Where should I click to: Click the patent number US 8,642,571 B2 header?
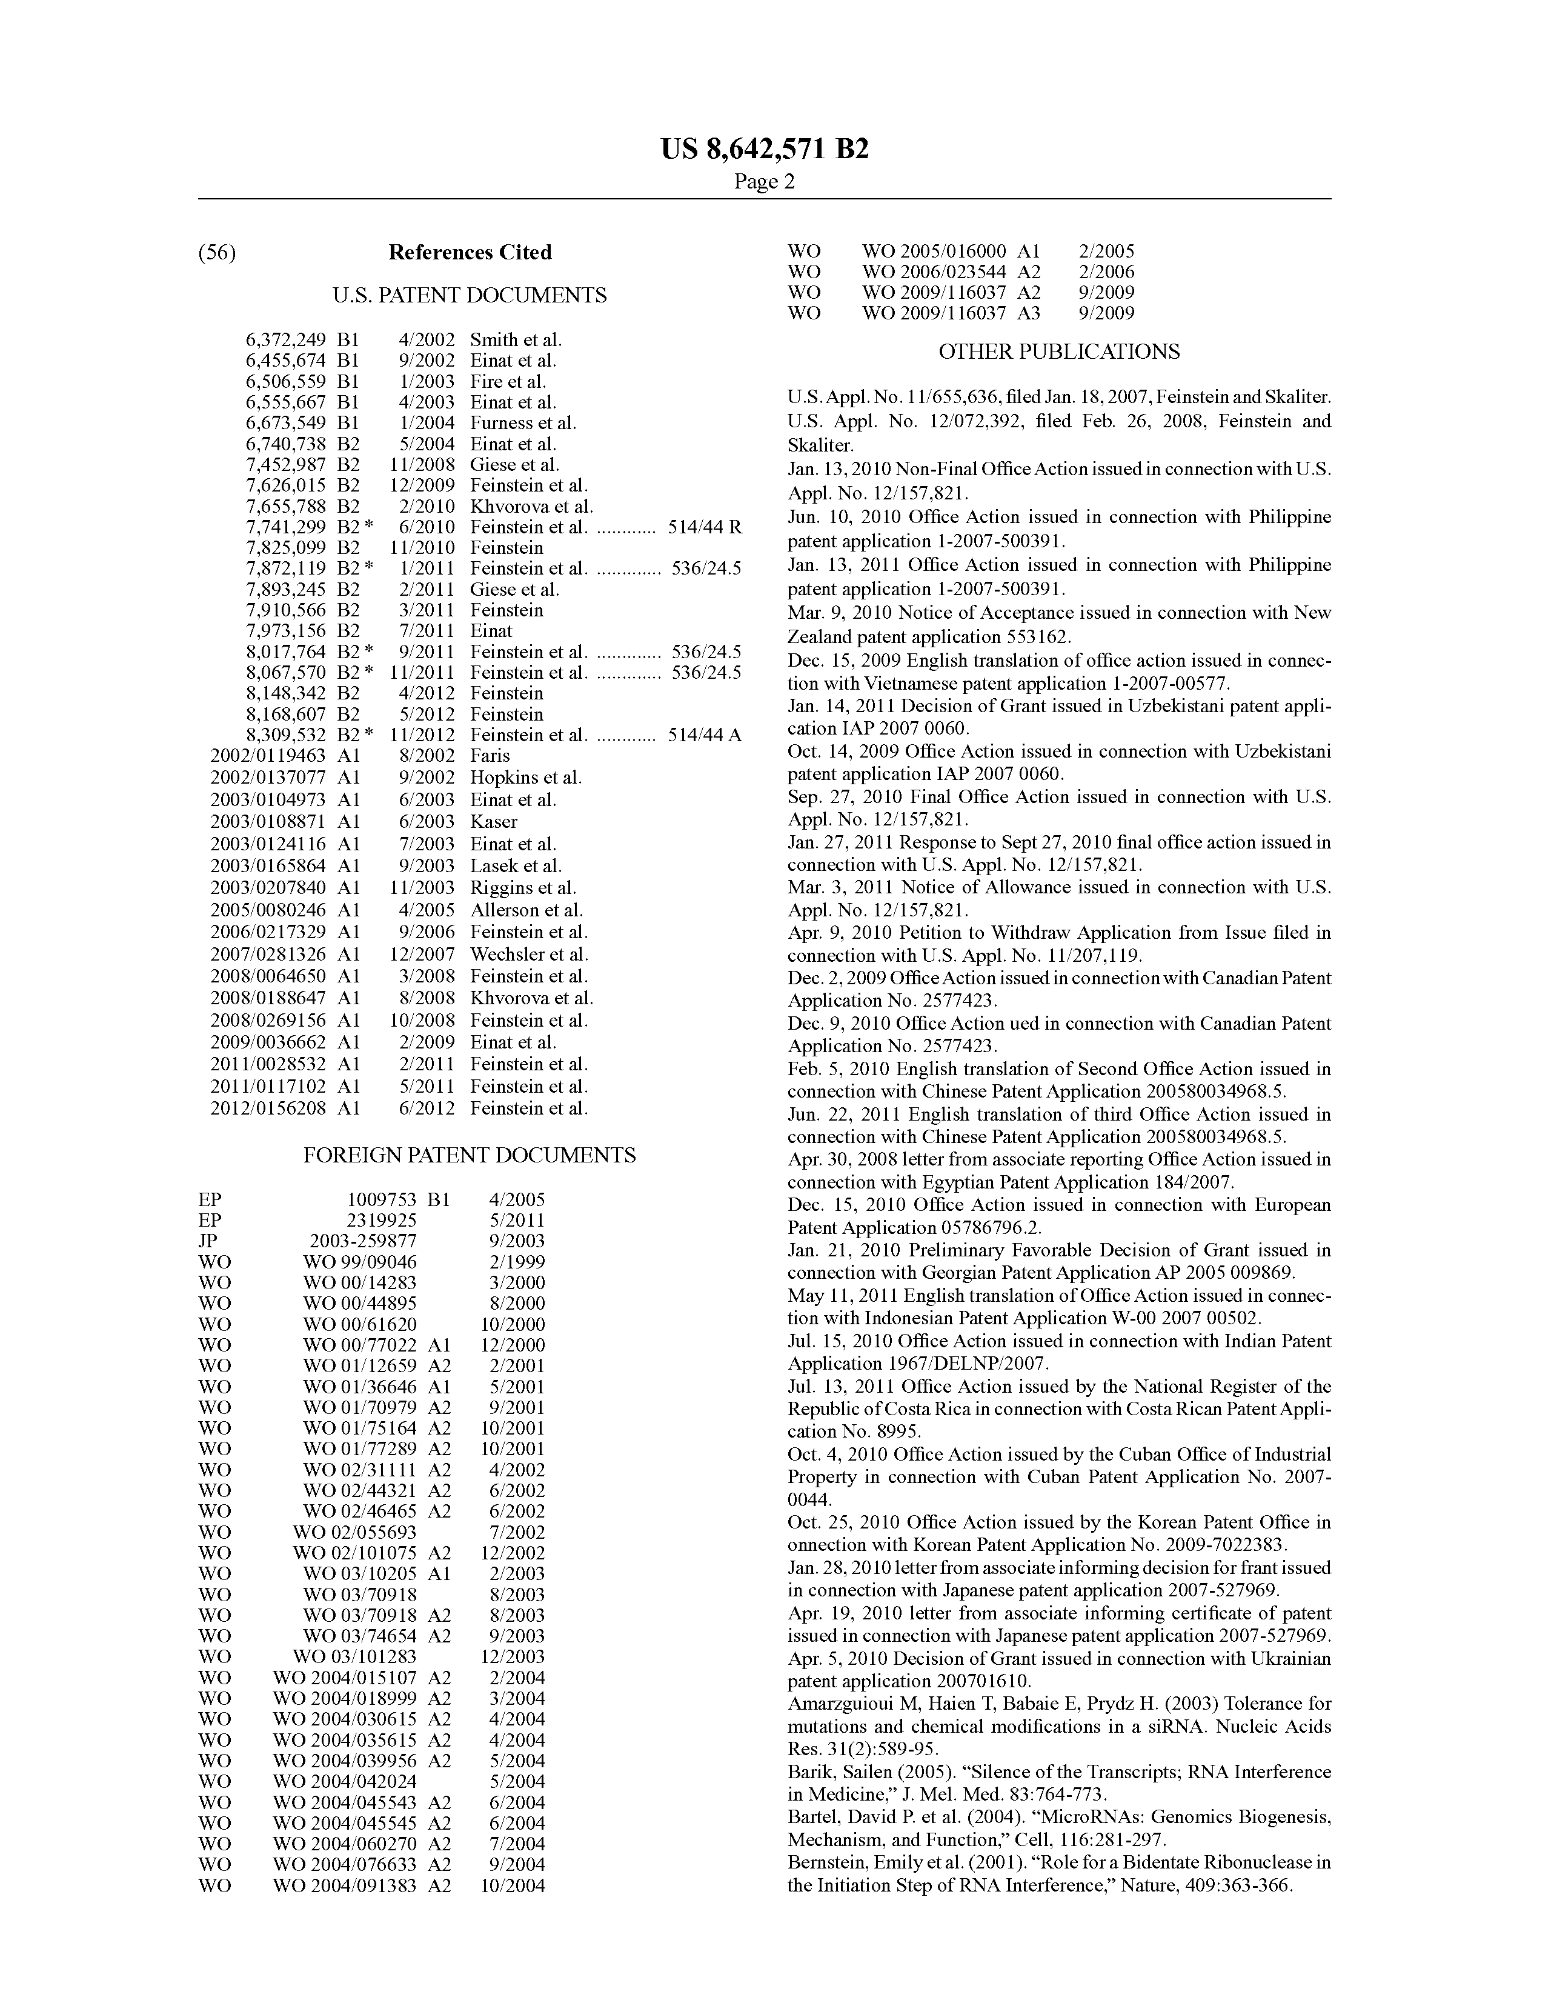click(x=765, y=149)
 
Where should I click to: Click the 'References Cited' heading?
click(x=470, y=253)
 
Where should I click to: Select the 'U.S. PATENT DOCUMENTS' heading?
click(x=470, y=295)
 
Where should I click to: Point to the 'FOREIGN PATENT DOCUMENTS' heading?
click(x=470, y=1156)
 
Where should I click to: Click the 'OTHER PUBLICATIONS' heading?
click(x=1059, y=352)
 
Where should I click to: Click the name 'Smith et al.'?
click(x=516, y=340)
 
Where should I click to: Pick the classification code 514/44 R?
click(x=705, y=527)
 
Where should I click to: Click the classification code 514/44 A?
click(x=705, y=735)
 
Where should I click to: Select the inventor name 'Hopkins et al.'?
click(x=525, y=778)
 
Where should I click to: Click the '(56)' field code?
click(x=217, y=253)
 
